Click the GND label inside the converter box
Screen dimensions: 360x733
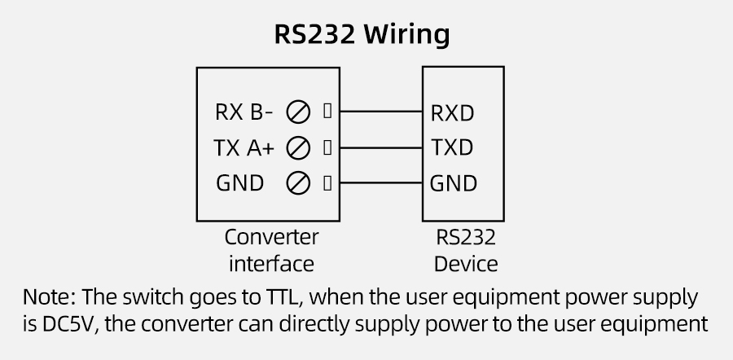click(239, 183)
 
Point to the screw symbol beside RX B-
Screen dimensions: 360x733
click(298, 111)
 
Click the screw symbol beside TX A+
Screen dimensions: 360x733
click(298, 148)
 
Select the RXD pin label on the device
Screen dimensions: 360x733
click(452, 112)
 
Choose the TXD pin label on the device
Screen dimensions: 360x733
click(451, 148)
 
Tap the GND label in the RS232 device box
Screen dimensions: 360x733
click(453, 183)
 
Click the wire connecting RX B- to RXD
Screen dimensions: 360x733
click(379, 111)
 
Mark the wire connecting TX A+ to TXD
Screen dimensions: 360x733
click(379, 147)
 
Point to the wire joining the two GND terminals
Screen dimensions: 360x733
click(379, 183)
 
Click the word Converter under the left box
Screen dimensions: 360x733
click(271, 238)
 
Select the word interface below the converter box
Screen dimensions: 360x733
click(271, 264)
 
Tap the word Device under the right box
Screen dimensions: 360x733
click(466, 264)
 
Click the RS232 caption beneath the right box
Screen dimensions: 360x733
click(466, 238)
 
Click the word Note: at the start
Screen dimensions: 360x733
click(50, 295)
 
